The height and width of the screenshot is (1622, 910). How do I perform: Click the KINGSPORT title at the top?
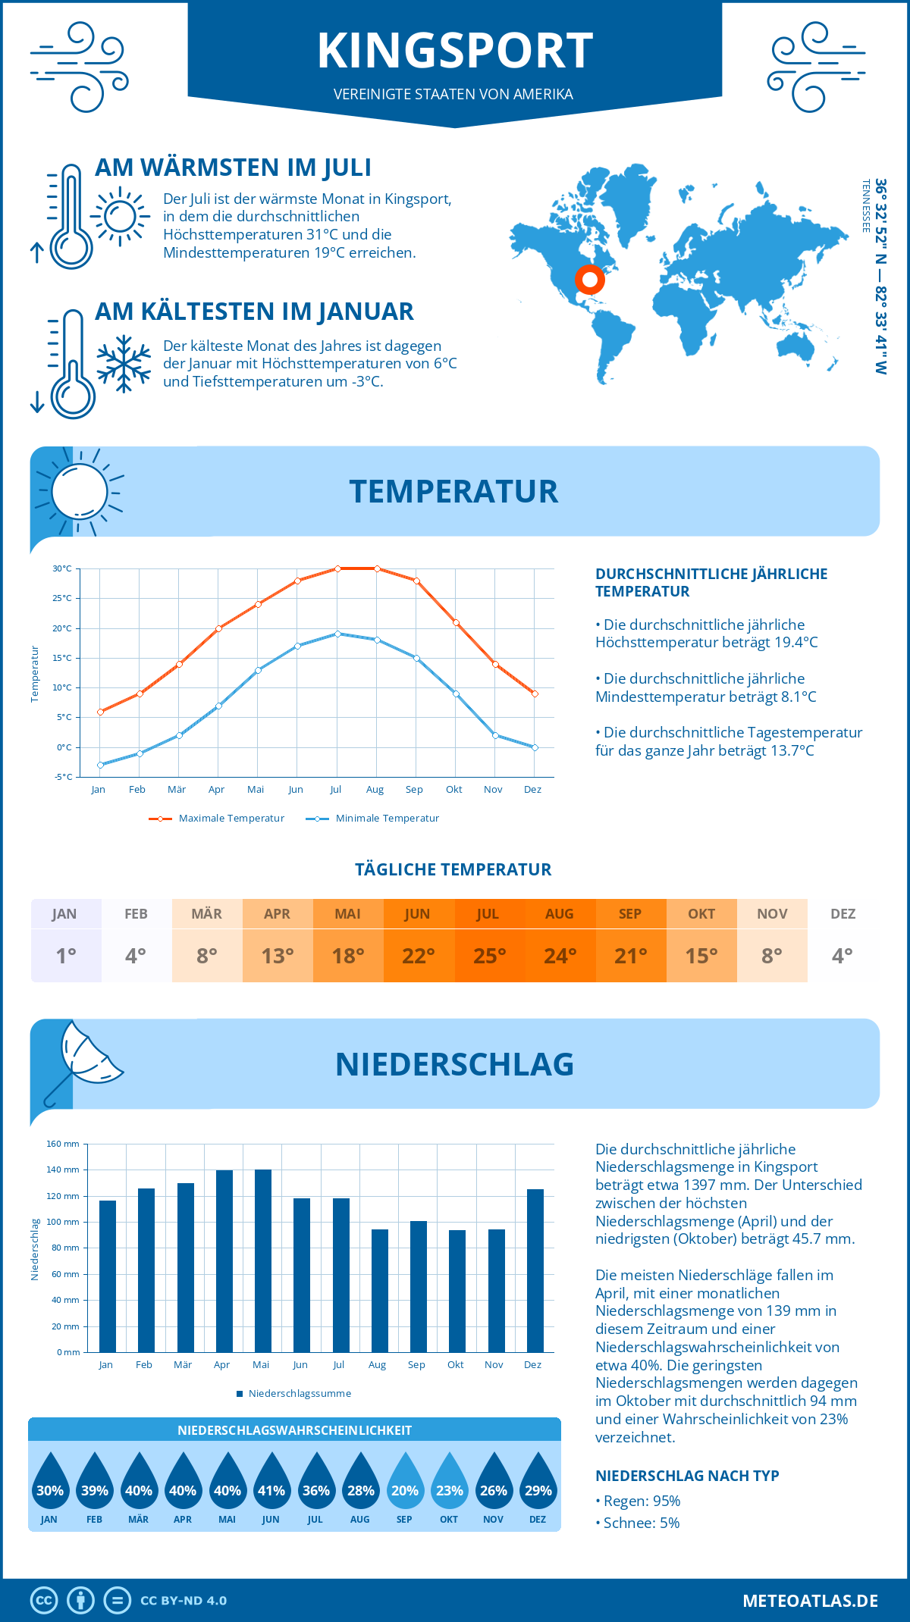point(455,51)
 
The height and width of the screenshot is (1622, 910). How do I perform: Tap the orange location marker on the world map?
point(589,280)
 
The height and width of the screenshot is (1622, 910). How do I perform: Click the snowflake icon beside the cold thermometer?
point(124,364)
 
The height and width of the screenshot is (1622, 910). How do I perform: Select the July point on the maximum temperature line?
point(337,568)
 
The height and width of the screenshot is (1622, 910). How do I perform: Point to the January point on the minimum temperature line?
point(100,765)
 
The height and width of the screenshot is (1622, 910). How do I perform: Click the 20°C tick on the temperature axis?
point(62,628)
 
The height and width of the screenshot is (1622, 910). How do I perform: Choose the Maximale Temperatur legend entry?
point(217,819)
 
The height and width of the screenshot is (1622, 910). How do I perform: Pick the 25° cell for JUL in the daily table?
point(489,956)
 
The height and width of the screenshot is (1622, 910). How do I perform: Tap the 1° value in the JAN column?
point(66,956)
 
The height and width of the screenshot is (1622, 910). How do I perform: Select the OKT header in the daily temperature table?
point(701,914)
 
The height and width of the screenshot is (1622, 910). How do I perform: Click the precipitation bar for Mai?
point(262,1260)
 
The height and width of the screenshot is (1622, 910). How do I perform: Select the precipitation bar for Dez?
point(535,1270)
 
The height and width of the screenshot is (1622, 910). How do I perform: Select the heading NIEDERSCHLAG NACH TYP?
point(687,1476)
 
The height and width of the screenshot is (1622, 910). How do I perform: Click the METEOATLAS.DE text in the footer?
point(810,1601)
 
